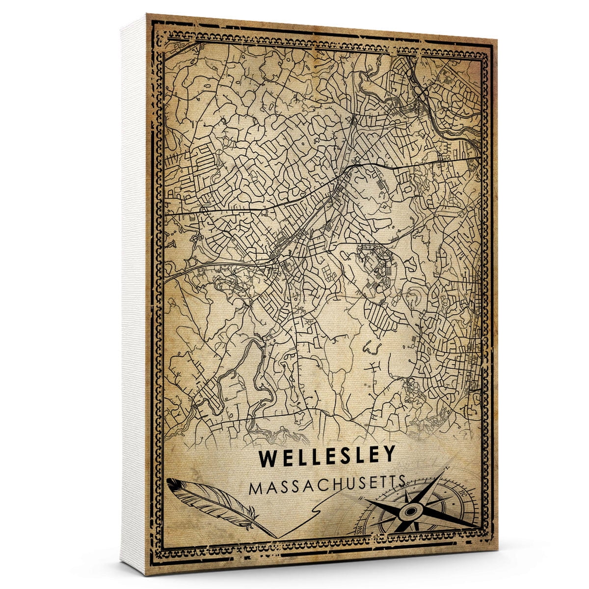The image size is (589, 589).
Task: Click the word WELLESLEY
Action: (x=327, y=457)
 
